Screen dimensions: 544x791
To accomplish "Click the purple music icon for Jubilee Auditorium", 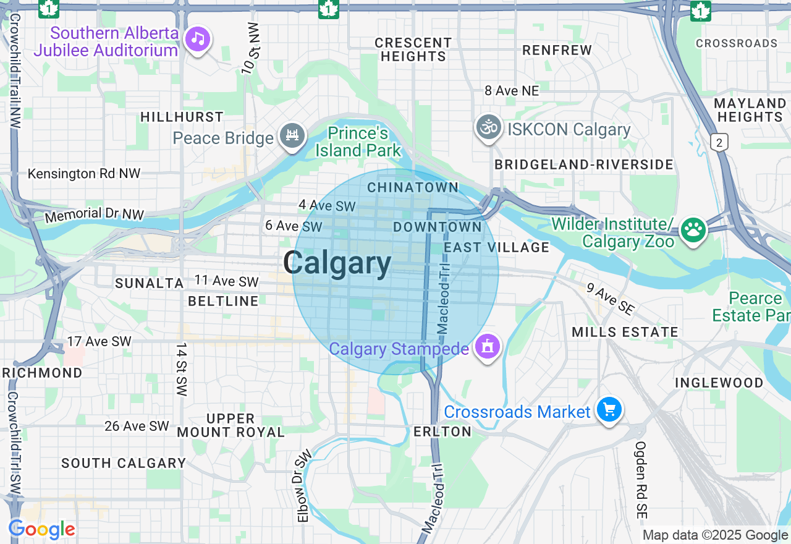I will pyautogui.click(x=198, y=40).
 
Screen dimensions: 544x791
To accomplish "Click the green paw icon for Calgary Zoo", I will pyautogui.click(x=693, y=230).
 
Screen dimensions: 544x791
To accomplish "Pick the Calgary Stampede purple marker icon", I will pyautogui.click(x=487, y=347).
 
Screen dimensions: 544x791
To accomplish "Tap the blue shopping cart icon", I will pyautogui.click(x=609, y=410).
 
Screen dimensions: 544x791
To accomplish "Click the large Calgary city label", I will pyautogui.click(x=337, y=263).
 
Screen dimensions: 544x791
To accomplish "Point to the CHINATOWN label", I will pyautogui.click(x=413, y=187).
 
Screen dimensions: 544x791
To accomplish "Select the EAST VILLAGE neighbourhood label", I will pyautogui.click(x=497, y=247).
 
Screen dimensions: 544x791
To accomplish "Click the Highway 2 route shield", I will pyautogui.click(x=719, y=142).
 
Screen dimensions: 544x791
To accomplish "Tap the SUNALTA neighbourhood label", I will pyautogui.click(x=150, y=283).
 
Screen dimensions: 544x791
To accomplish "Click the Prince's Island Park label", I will pyautogui.click(x=358, y=142).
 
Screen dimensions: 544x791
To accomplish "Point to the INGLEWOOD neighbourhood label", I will pyautogui.click(x=719, y=383).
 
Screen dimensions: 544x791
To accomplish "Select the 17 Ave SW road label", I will pyautogui.click(x=99, y=341).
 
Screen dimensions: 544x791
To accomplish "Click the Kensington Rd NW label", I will pyautogui.click(x=84, y=174).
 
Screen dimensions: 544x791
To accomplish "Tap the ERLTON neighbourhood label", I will pyautogui.click(x=442, y=431).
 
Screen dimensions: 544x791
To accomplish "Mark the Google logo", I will pyautogui.click(x=42, y=529).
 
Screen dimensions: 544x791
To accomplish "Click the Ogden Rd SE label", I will pyautogui.click(x=641, y=480).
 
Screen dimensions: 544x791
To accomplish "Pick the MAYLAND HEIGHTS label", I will pyautogui.click(x=750, y=110).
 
